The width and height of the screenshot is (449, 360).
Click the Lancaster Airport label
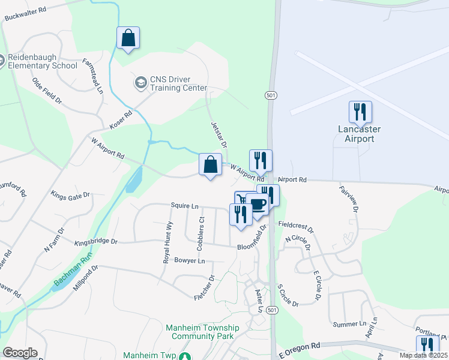[x=360, y=134]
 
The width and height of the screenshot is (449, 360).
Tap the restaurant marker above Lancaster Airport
[x=360, y=112]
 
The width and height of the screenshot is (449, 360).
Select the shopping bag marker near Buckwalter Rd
[x=128, y=38]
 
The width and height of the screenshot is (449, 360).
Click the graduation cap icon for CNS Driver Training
[x=140, y=82]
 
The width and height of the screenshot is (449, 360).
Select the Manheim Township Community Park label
[x=202, y=332]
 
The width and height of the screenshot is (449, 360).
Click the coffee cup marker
[x=258, y=205]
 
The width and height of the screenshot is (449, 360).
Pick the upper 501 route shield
[x=271, y=95]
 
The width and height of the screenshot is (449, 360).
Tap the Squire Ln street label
[x=184, y=206]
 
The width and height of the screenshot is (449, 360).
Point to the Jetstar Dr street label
[x=218, y=135]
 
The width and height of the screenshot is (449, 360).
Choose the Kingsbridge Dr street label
[x=96, y=242]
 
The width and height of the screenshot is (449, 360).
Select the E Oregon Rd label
[x=300, y=347]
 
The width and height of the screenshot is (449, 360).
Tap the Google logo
[x=20, y=353]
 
